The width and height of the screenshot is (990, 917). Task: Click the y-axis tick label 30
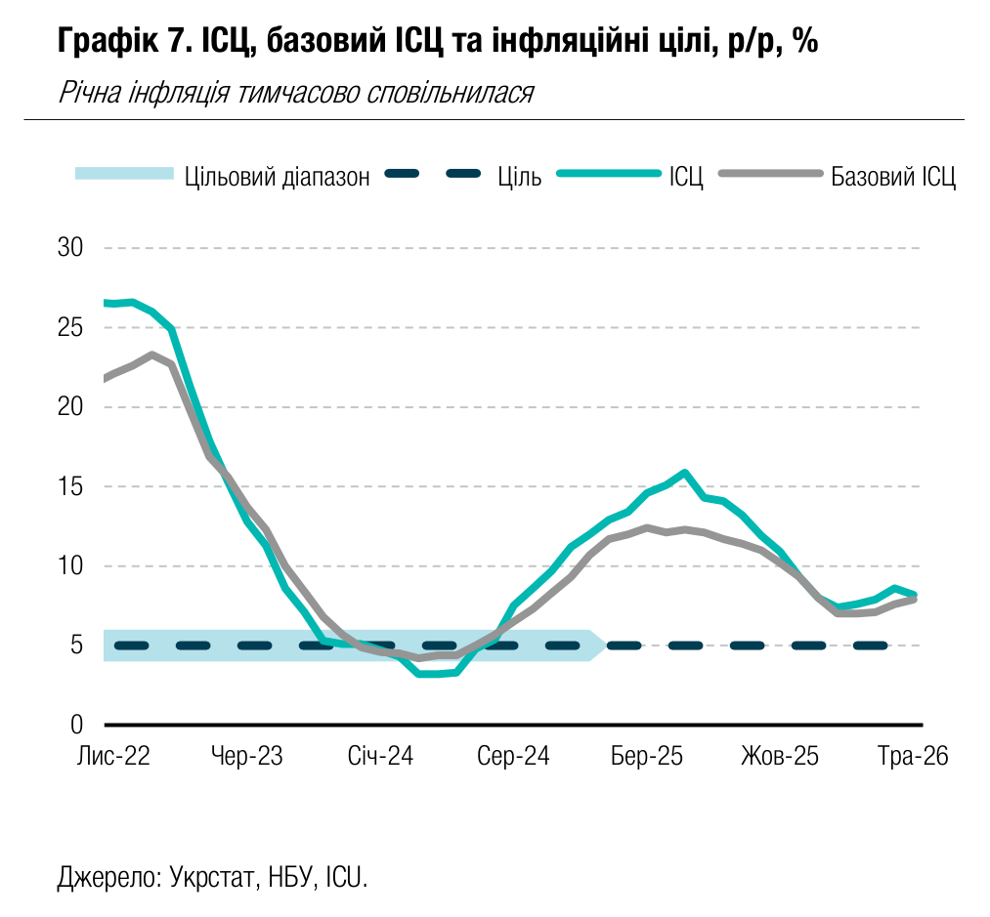tap(70, 247)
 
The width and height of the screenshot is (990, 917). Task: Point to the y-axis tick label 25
tap(70, 327)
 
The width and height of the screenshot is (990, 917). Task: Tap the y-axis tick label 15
tap(70, 486)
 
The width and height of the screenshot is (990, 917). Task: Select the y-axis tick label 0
tap(76, 725)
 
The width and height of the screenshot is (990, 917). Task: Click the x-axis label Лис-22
tap(113, 756)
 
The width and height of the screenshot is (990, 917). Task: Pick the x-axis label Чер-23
tap(247, 756)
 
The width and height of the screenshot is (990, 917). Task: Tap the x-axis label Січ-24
tap(380, 756)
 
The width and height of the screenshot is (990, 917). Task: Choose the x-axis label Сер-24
tap(513, 756)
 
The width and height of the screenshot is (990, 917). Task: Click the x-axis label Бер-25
tap(647, 756)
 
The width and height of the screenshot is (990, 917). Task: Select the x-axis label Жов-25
tap(780, 756)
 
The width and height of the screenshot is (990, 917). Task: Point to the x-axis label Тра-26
tap(913, 756)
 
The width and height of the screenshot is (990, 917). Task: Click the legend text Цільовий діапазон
tap(278, 177)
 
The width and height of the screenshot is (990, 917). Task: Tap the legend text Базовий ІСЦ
tap(893, 177)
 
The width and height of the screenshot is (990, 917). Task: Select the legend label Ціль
tap(520, 177)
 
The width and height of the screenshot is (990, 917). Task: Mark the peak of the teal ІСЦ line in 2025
tap(684, 472)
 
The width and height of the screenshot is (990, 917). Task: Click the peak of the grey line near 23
tap(151, 354)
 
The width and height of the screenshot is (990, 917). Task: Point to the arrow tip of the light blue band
tap(607, 645)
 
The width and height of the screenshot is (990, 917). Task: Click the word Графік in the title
tap(108, 42)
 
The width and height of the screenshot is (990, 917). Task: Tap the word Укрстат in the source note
tap(211, 877)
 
